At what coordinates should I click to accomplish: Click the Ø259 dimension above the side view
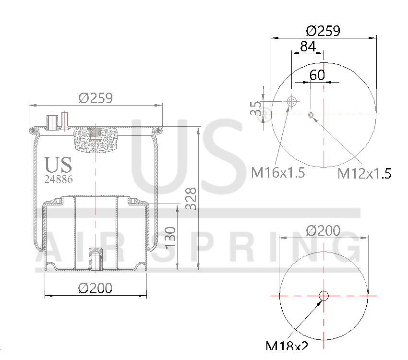point(96,98)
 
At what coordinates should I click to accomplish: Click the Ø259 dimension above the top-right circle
point(323,31)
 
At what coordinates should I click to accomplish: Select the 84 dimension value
point(307,47)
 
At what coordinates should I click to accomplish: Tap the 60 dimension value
point(317,75)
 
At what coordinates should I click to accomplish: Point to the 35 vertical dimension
point(256,108)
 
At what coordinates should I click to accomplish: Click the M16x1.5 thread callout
point(278,172)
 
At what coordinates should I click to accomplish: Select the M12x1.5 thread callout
point(364,173)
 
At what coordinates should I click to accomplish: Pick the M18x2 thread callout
point(287,346)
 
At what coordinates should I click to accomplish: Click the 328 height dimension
point(191,198)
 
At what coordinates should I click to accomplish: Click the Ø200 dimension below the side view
point(95,288)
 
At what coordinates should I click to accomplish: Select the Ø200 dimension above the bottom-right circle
point(323,231)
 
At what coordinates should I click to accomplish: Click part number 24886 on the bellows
point(59,180)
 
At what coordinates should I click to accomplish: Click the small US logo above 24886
point(59,165)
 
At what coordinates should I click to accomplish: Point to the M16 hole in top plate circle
point(291,101)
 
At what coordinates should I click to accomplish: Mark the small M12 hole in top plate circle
point(311,114)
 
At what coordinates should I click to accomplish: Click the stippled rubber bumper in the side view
point(96,139)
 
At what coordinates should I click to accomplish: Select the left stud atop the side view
point(51,122)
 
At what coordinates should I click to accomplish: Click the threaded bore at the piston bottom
point(96,259)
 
